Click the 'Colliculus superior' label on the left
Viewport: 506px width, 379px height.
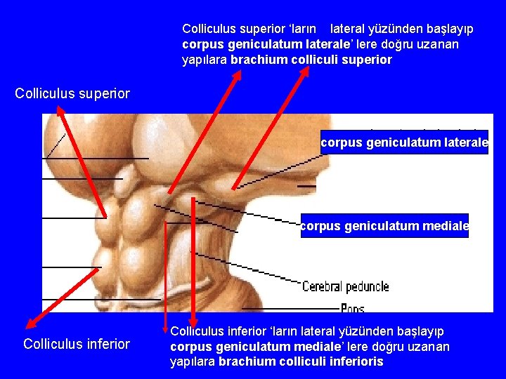[72, 93]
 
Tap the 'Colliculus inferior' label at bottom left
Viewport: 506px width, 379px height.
[77, 344]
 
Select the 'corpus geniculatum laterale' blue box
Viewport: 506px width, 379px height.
[404, 142]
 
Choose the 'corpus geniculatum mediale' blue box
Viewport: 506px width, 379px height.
[384, 226]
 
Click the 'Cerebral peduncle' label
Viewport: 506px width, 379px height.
[345, 286]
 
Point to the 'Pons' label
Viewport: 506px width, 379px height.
[352, 308]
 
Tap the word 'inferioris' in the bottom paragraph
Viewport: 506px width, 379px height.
[356, 361]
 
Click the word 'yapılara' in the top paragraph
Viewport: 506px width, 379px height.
[204, 60]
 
